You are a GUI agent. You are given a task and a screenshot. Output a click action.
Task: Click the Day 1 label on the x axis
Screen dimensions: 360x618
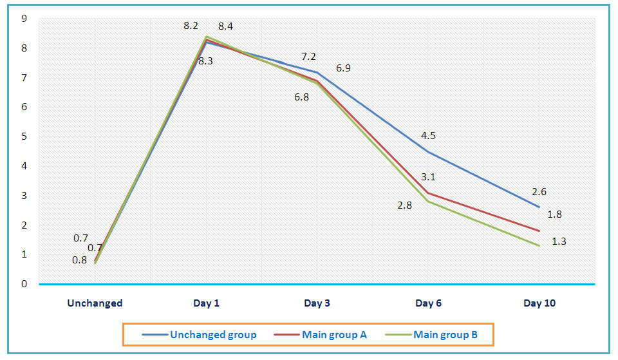tap(206, 303)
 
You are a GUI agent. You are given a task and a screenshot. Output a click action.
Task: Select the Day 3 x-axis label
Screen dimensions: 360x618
tap(317, 303)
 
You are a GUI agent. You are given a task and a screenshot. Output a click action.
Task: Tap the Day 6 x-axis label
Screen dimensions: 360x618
tap(428, 303)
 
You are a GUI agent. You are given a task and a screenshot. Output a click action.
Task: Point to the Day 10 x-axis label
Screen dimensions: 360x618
tap(539, 303)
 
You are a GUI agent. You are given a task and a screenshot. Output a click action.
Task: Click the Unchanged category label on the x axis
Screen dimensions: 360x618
tap(95, 303)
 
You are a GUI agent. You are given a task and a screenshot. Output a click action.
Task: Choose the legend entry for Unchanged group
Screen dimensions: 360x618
tap(213, 335)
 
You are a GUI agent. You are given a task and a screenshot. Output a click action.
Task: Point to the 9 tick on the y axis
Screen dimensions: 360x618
tap(24, 19)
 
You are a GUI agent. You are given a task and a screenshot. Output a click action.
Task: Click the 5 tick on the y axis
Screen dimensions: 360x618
tap(24, 137)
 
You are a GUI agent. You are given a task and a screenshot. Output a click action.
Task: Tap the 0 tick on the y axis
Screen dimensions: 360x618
tap(24, 284)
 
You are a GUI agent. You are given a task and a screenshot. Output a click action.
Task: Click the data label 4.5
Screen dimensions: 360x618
tap(428, 136)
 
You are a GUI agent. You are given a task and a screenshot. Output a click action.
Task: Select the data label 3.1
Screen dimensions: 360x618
tap(428, 176)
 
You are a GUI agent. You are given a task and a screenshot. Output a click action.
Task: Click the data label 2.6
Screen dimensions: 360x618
tap(539, 191)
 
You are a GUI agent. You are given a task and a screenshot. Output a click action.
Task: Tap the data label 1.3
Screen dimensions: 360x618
tap(559, 242)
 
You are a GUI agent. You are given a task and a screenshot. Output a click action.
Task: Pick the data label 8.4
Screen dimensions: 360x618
tap(225, 26)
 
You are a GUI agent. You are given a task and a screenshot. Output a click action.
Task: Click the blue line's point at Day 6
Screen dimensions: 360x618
tap(428, 152)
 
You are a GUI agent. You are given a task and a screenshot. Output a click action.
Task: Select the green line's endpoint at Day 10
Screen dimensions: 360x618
tap(539, 245)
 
